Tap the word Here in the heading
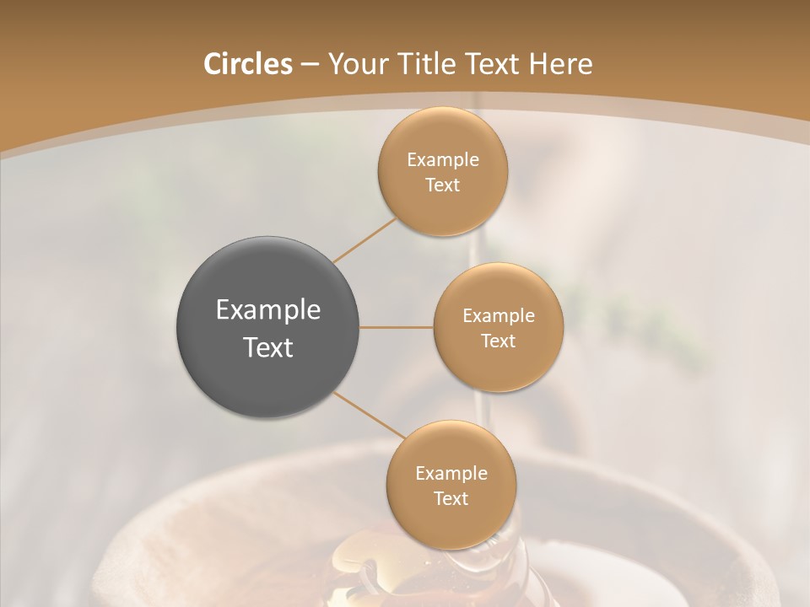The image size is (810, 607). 560,64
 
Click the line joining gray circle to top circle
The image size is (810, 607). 365,240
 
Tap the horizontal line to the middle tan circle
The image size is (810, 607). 397,327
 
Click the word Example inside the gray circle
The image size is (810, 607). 268,310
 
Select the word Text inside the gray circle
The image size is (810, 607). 268,347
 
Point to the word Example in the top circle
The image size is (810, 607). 443,159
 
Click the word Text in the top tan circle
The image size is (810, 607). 443,185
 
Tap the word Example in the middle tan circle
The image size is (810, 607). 499,315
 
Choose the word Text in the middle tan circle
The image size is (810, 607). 499,341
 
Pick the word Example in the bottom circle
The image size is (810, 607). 451,473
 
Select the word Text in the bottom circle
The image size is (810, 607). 451,498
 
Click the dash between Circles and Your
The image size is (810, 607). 309,64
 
